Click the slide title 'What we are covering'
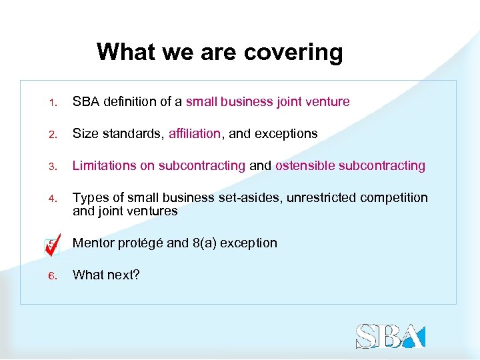219,52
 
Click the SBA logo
390,336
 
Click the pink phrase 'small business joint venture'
267,102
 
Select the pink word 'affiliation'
194,134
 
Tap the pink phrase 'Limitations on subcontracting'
159,166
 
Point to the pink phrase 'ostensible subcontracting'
350,166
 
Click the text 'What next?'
106,275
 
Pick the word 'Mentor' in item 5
94,243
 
